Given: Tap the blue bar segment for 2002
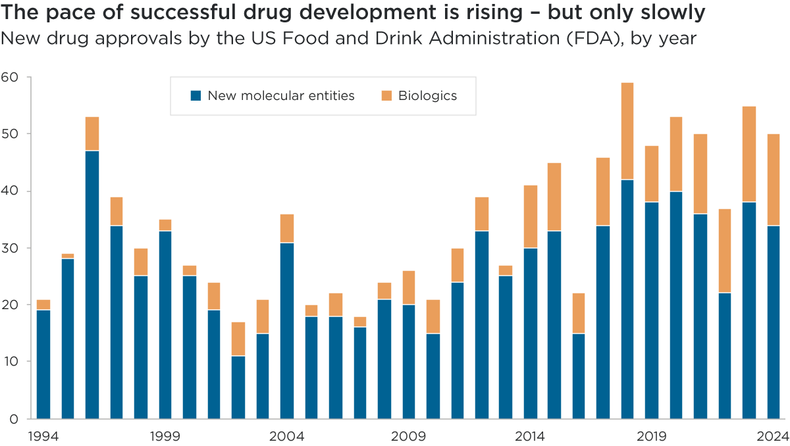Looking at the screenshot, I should (x=238, y=387).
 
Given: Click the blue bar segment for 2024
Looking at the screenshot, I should (x=774, y=322).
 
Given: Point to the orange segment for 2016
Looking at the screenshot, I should (x=579, y=313).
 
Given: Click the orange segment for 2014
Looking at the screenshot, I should (x=530, y=216).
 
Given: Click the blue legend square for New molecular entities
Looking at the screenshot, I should (x=196, y=95).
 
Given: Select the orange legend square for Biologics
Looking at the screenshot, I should (x=386, y=95).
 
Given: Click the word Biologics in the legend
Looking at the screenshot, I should (x=427, y=95).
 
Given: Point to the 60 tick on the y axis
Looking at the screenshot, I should (x=12, y=78).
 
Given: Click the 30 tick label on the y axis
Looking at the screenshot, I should (x=12, y=248).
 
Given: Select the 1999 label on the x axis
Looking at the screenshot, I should (x=165, y=435).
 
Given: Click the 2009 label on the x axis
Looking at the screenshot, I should (x=409, y=435).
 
